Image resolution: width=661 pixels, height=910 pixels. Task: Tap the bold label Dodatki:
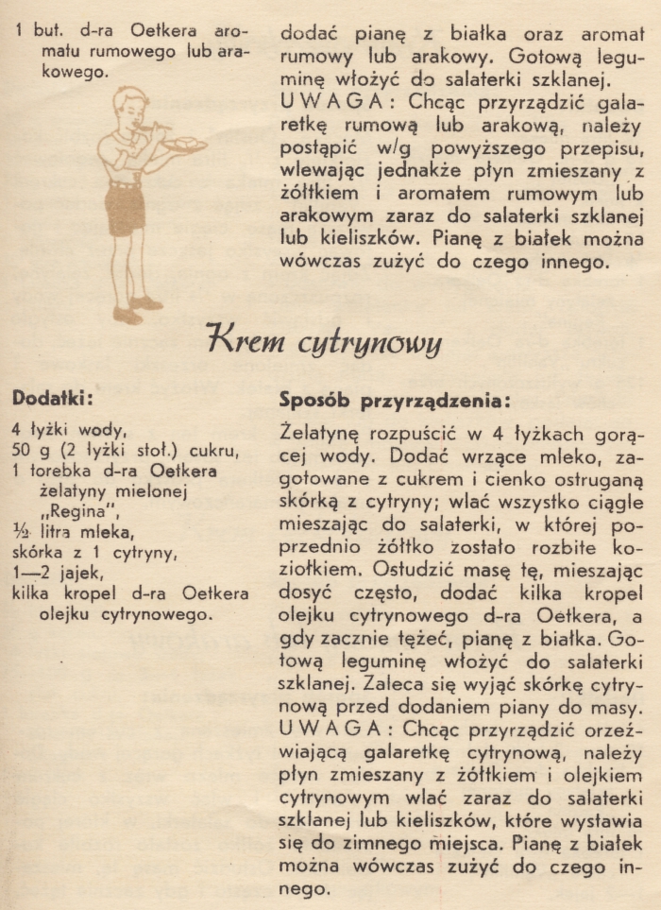click(x=51, y=399)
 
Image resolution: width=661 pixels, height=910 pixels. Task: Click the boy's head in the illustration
click(x=130, y=106)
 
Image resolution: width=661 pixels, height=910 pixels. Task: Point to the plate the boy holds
click(x=184, y=145)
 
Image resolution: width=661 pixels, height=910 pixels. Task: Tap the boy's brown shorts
click(x=125, y=209)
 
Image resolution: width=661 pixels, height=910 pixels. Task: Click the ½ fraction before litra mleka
click(x=19, y=532)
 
